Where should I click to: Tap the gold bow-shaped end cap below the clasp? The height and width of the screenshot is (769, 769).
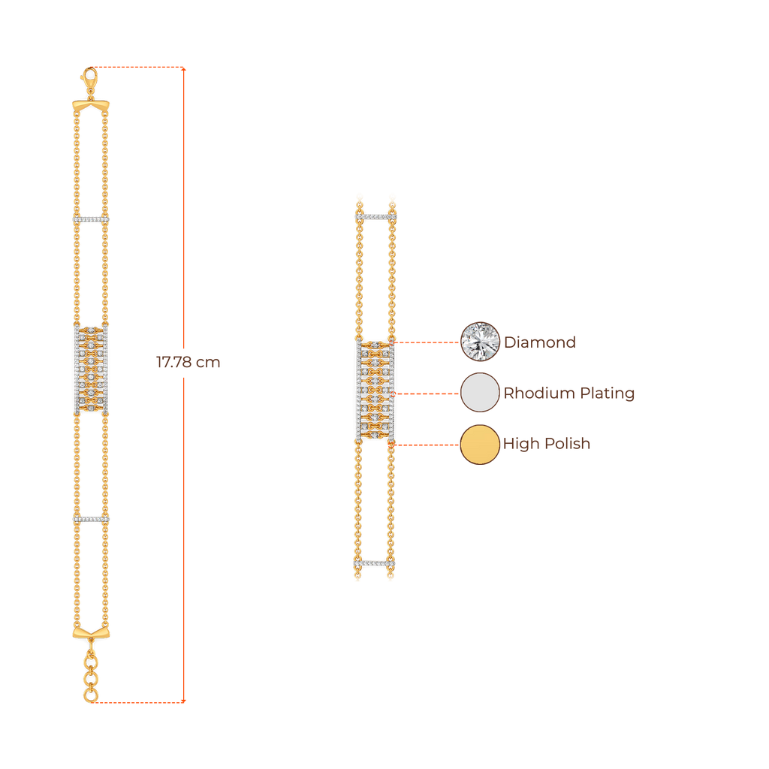[91, 106]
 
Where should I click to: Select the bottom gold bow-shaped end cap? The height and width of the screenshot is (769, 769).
[91, 632]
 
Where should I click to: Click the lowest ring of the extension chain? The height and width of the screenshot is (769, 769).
[91, 696]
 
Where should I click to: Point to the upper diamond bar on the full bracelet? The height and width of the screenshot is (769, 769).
[91, 219]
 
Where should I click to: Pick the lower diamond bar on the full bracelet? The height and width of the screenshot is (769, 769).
[91, 519]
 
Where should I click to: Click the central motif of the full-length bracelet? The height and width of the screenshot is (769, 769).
[91, 369]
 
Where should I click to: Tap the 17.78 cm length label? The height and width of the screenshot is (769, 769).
[188, 363]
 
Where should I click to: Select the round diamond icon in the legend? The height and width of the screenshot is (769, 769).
[480, 341]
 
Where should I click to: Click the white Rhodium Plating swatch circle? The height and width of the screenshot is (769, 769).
[480, 393]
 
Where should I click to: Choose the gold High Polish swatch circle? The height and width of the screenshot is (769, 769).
[480, 444]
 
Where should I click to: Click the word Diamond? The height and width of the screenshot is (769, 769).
[540, 342]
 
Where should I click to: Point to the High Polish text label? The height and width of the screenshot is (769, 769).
[547, 444]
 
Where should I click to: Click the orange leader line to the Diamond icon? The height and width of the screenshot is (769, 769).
[427, 342]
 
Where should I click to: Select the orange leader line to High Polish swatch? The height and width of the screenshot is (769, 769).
[427, 445]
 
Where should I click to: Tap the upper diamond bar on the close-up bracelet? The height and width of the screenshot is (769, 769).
[375, 216]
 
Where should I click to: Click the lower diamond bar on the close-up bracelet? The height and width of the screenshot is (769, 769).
[374, 563]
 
